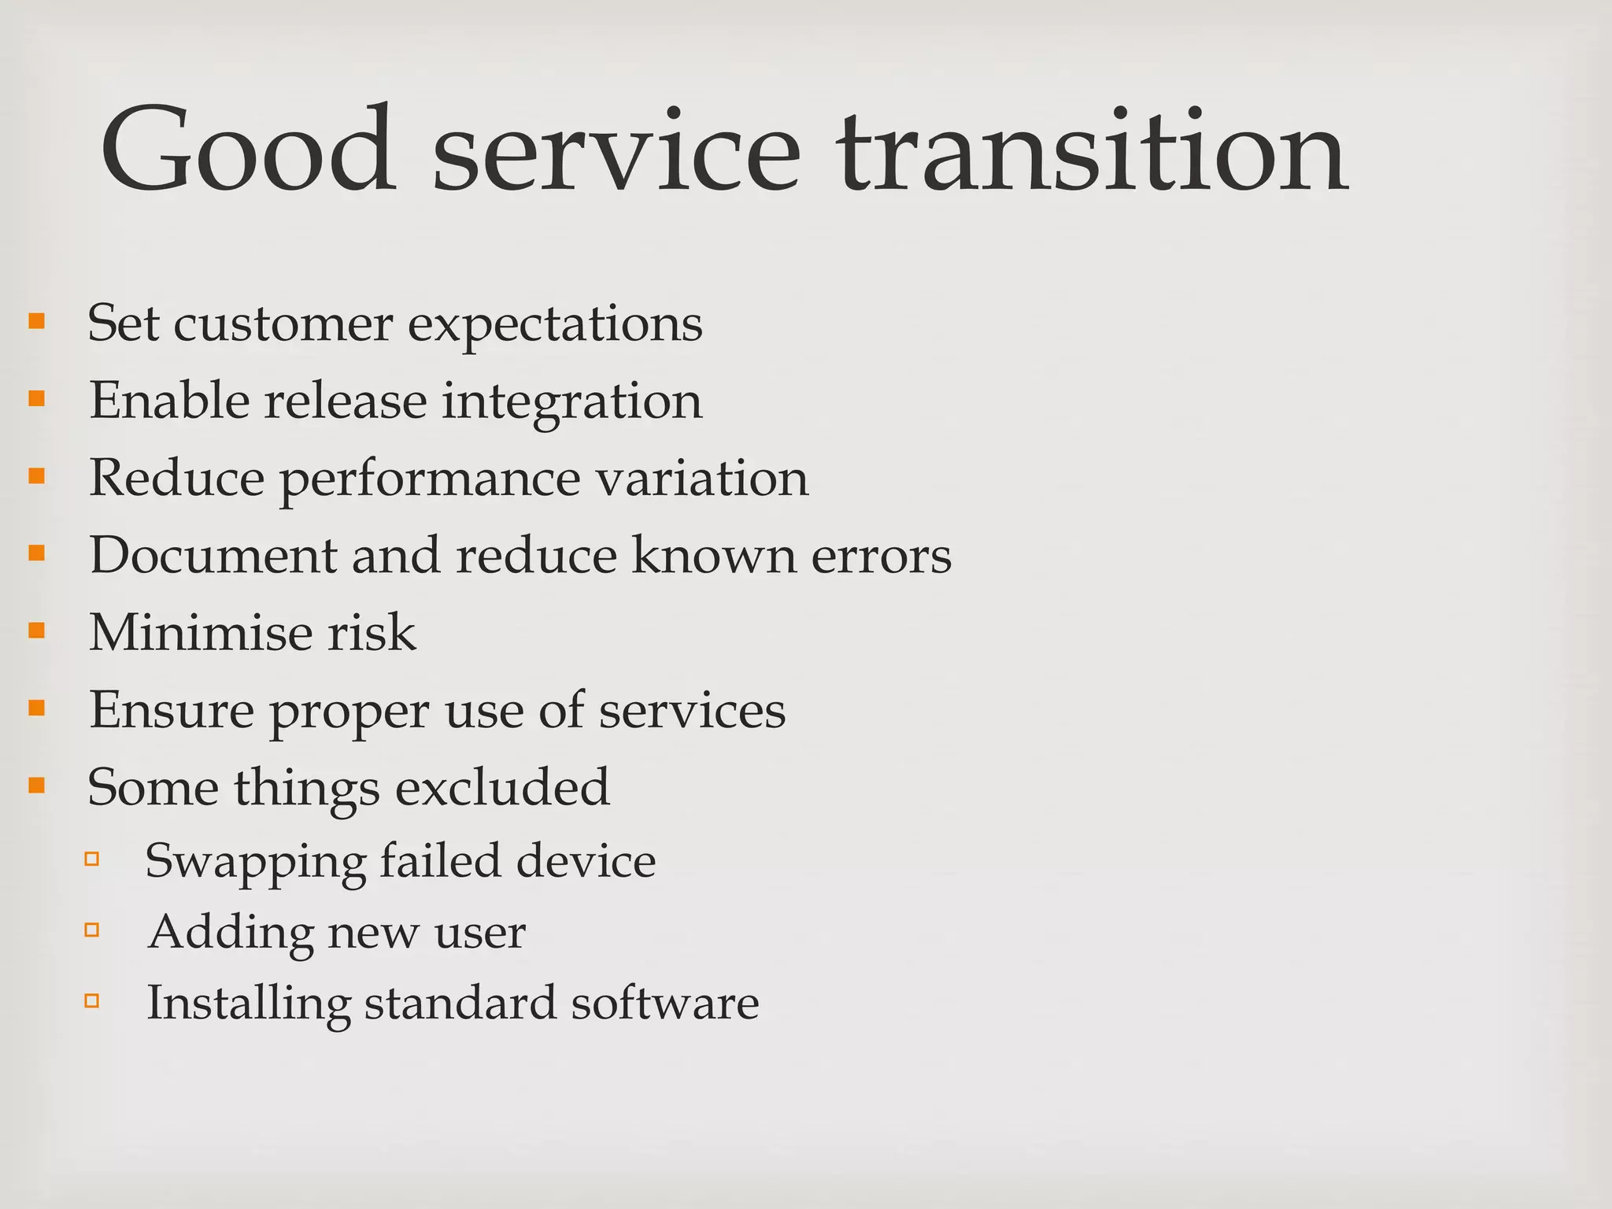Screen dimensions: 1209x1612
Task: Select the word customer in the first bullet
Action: [x=283, y=324]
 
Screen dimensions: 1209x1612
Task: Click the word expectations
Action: [x=555, y=325]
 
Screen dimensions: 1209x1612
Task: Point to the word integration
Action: [x=571, y=402]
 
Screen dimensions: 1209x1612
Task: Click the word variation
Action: [x=702, y=478]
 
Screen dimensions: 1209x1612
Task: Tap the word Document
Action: [x=213, y=555]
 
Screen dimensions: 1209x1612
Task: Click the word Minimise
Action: [x=201, y=632]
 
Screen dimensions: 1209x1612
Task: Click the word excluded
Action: [x=502, y=787]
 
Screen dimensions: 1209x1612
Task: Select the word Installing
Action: [x=249, y=1004]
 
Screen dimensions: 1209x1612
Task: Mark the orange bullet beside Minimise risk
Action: [x=36, y=630]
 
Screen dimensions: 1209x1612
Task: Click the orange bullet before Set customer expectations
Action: [x=36, y=321]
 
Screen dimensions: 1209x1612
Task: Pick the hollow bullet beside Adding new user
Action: [x=92, y=930]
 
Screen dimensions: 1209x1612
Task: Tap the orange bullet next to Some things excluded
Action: [x=36, y=785]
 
